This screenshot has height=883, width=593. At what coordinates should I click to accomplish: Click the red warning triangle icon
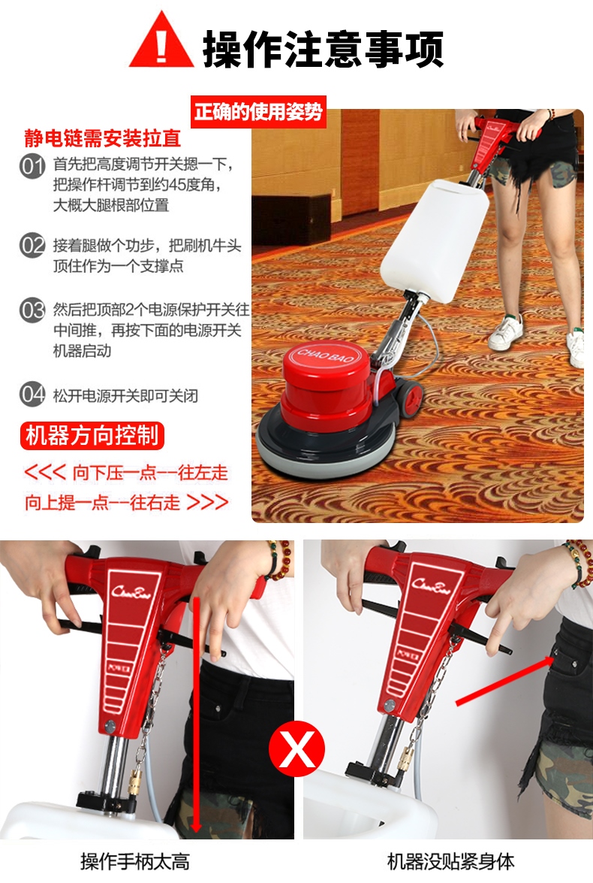point(161,41)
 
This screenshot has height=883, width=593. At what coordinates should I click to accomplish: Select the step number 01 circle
point(32,165)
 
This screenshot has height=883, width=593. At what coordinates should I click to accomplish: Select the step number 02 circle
point(32,246)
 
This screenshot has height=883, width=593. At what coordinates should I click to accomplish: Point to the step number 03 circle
point(32,310)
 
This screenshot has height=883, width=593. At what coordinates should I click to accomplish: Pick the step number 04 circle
point(32,395)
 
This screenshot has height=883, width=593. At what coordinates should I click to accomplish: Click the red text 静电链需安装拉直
point(103,139)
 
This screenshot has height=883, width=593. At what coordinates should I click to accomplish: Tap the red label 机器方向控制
point(92,435)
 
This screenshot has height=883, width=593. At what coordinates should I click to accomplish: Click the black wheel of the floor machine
point(408,396)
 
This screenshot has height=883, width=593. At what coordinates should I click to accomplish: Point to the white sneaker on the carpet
point(507,331)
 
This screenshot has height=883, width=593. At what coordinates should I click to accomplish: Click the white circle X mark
point(298,748)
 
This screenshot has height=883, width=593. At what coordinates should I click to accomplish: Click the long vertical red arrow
point(197,714)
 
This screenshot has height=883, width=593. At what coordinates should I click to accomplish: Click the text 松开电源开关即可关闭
point(125,395)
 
